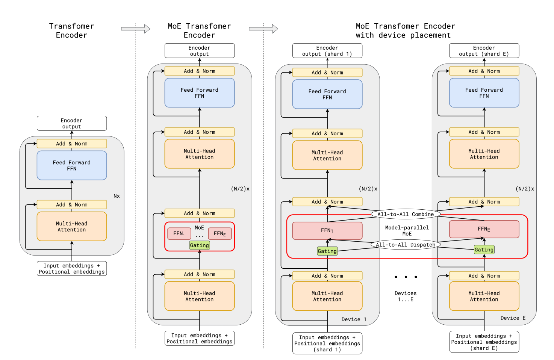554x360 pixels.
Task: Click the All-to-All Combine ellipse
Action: pos(405,214)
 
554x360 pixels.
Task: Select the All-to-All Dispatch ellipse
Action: pos(405,245)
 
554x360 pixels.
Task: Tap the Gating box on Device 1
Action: pos(327,251)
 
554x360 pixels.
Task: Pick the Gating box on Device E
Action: pos(484,250)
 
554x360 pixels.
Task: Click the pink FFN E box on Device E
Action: pos(484,229)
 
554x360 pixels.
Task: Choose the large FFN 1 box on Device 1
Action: pos(327,230)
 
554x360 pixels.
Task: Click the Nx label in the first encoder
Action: pos(117,196)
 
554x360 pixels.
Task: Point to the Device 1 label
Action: pos(354,319)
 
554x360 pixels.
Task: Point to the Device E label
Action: pos(513,318)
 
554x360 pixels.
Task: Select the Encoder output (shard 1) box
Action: pos(327,51)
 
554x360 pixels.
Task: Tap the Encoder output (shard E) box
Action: pos(484,51)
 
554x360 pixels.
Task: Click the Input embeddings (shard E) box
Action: pos(484,342)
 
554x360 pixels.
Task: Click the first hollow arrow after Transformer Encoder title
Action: pos(135,29)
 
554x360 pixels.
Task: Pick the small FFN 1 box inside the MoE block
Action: pos(179,233)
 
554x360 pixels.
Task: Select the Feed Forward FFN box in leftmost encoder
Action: pos(71,165)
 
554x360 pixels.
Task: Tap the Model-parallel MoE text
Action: pos(407,230)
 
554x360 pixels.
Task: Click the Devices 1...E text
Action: pos(405,296)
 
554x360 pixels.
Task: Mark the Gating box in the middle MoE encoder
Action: pos(199,245)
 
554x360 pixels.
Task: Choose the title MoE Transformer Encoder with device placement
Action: pos(405,30)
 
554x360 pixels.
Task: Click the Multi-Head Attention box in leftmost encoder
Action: pos(71,226)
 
